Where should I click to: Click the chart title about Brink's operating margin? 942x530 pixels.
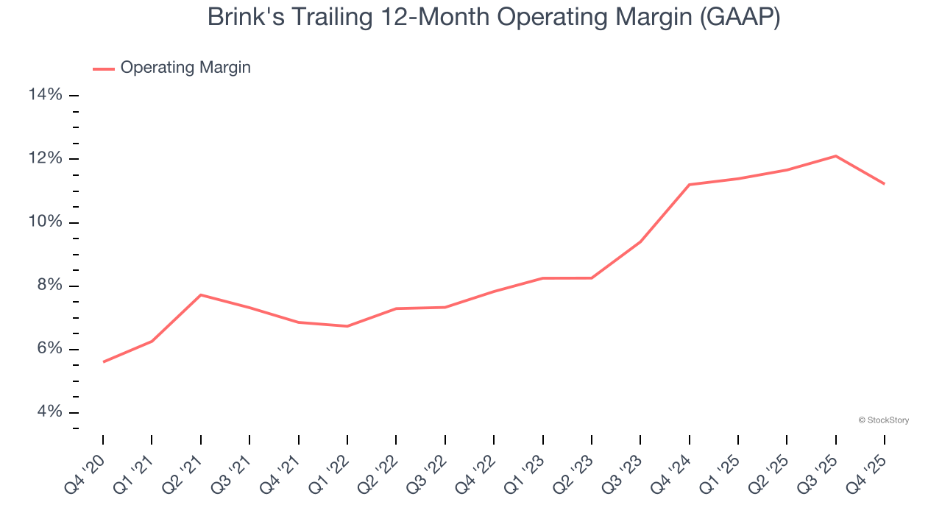click(x=493, y=16)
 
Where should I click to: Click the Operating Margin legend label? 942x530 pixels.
click(x=185, y=68)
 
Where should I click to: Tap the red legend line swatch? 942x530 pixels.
click(x=104, y=68)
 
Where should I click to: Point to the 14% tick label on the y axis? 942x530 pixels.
click(x=45, y=95)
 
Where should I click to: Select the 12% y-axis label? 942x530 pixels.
click(x=45, y=159)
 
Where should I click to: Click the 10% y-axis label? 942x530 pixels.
click(x=45, y=222)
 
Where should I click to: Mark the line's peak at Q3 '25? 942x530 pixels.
click(x=835, y=156)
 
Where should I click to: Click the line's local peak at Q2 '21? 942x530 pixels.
click(x=201, y=295)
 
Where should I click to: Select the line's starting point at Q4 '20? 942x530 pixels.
click(x=103, y=361)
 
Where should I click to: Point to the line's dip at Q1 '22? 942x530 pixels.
click(x=347, y=326)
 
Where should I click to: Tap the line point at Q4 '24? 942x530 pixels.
click(x=689, y=185)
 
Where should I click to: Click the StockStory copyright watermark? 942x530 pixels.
click(x=883, y=420)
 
